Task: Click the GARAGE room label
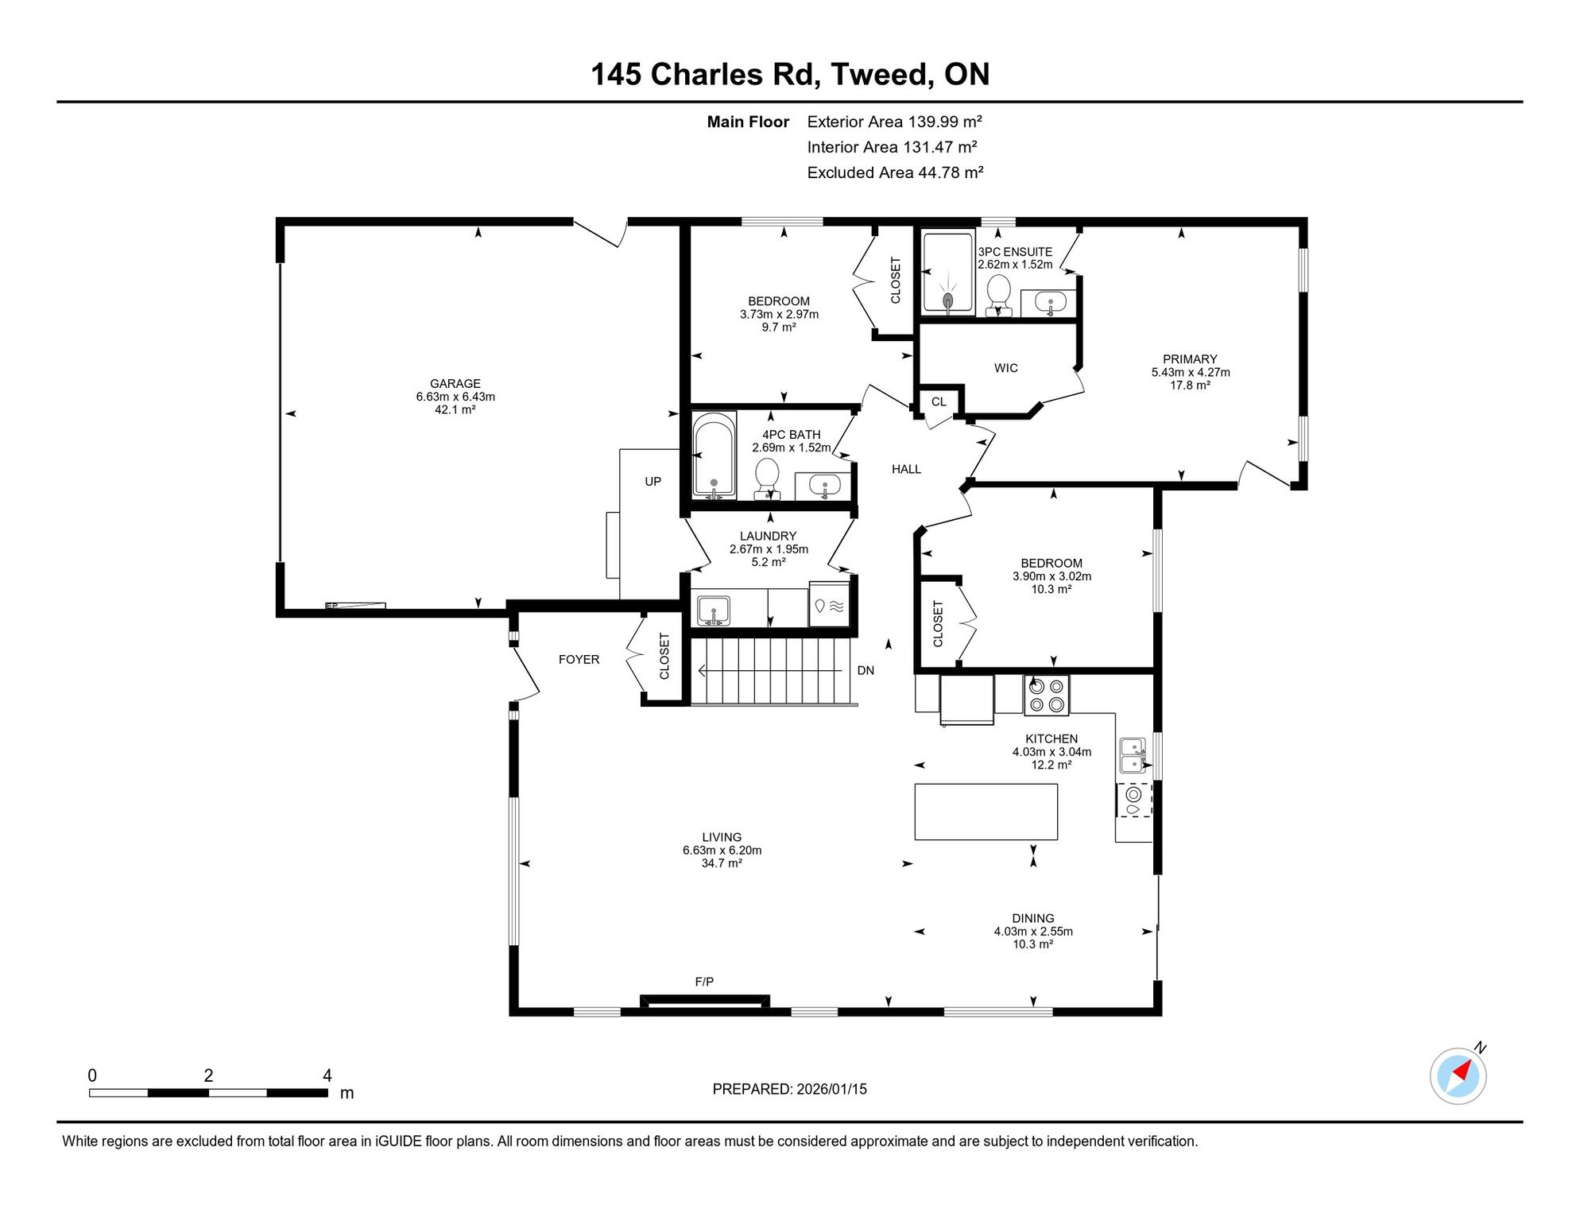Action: click(455, 383)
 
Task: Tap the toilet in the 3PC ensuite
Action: click(998, 295)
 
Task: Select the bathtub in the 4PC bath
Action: click(714, 456)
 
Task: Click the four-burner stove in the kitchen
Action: click(1047, 696)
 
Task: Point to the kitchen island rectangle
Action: click(986, 812)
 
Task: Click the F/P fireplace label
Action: click(704, 982)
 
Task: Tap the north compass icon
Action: click(1458, 1076)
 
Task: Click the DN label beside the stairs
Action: click(866, 671)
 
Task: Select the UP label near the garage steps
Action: click(653, 482)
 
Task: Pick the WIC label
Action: click(1006, 368)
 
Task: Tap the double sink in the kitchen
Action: click(1133, 755)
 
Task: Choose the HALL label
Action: click(906, 470)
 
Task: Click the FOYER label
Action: click(579, 660)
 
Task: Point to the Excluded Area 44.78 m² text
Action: click(895, 172)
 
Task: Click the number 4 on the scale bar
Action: click(327, 1076)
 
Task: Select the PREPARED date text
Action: click(789, 1089)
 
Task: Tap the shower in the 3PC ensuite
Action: click(948, 273)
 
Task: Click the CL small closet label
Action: click(939, 402)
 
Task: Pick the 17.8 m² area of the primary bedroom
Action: click(1190, 386)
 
